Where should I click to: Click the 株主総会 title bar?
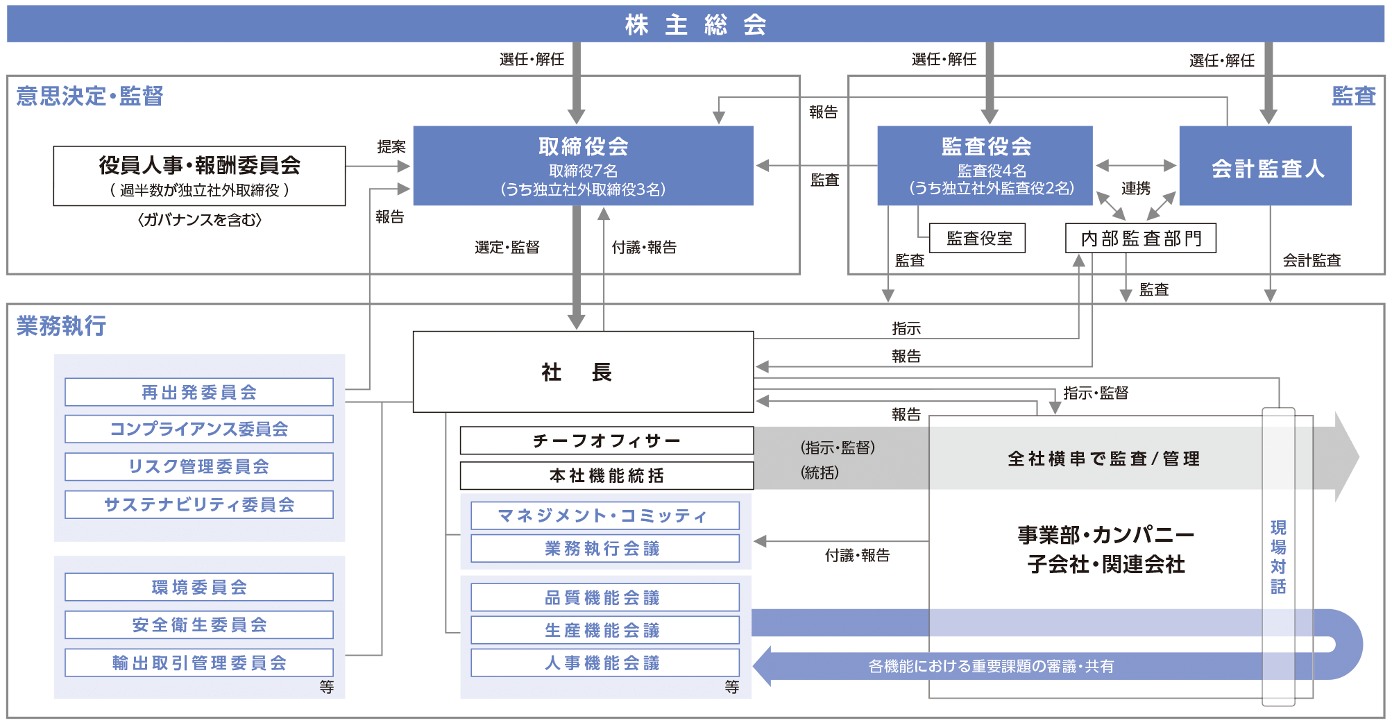[695, 25]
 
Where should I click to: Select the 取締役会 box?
[583, 166]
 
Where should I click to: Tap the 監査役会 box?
[985, 166]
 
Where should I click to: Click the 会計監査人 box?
[1266, 167]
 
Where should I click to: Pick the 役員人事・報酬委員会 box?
[199, 176]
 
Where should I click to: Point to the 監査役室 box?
[978, 239]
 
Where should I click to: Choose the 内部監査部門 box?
[1140, 239]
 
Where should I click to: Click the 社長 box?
[583, 372]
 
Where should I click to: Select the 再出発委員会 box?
[199, 392]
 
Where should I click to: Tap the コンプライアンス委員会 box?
[199, 429]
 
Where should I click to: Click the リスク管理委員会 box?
[199, 466]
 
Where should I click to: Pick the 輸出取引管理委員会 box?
[199, 663]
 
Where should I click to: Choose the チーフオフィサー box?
[606, 441]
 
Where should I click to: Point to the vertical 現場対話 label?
[1278, 556]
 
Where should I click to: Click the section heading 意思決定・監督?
[90, 96]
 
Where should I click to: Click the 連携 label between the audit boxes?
[1135, 189]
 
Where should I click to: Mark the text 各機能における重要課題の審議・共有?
[991, 666]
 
